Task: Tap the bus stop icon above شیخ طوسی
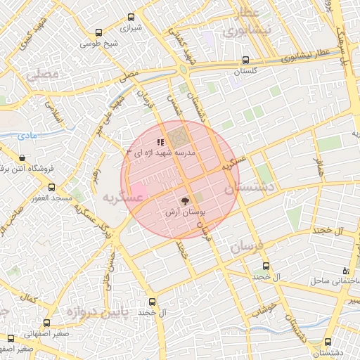coord(98,32)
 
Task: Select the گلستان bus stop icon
coord(245,60)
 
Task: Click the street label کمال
coord(30,300)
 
